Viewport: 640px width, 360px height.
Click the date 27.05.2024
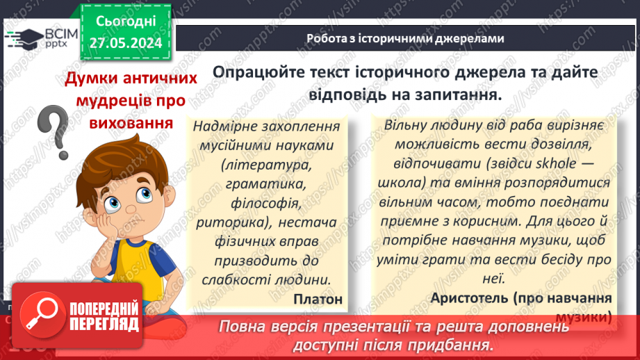[x=126, y=42]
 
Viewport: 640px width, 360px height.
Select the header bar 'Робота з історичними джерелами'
[x=405, y=38]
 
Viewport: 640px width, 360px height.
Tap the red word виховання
[x=131, y=123]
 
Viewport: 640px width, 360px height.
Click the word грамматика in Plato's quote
[x=266, y=185]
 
